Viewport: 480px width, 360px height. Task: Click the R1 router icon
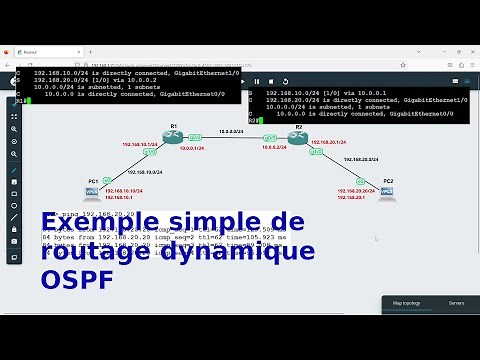click(x=172, y=138)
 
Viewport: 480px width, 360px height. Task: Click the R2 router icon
click(x=295, y=139)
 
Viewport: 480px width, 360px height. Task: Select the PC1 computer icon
click(x=93, y=190)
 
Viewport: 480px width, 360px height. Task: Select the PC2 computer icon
click(x=386, y=192)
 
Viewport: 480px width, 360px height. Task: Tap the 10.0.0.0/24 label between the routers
click(x=232, y=131)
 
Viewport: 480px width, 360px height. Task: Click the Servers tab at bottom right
click(x=456, y=302)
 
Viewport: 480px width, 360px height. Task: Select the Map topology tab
click(x=406, y=302)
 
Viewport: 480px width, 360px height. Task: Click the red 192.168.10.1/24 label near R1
click(x=139, y=145)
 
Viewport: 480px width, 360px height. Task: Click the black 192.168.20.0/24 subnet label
click(x=360, y=159)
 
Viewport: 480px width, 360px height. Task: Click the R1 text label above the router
click(x=173, y=126)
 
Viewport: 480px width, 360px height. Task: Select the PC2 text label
click(x=387, y=180)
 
